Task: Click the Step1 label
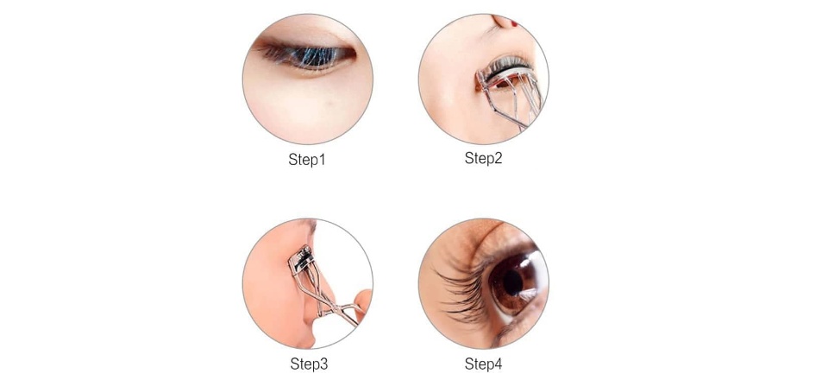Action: [307, 160]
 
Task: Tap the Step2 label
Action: [483, 158]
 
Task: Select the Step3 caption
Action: [309, 364]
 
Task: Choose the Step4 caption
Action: [483, 364]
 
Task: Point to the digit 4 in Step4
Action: [498, 364]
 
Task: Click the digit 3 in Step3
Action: [323, 364]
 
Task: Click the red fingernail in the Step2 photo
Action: [514, 22]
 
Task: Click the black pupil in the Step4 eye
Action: [512, 283]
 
